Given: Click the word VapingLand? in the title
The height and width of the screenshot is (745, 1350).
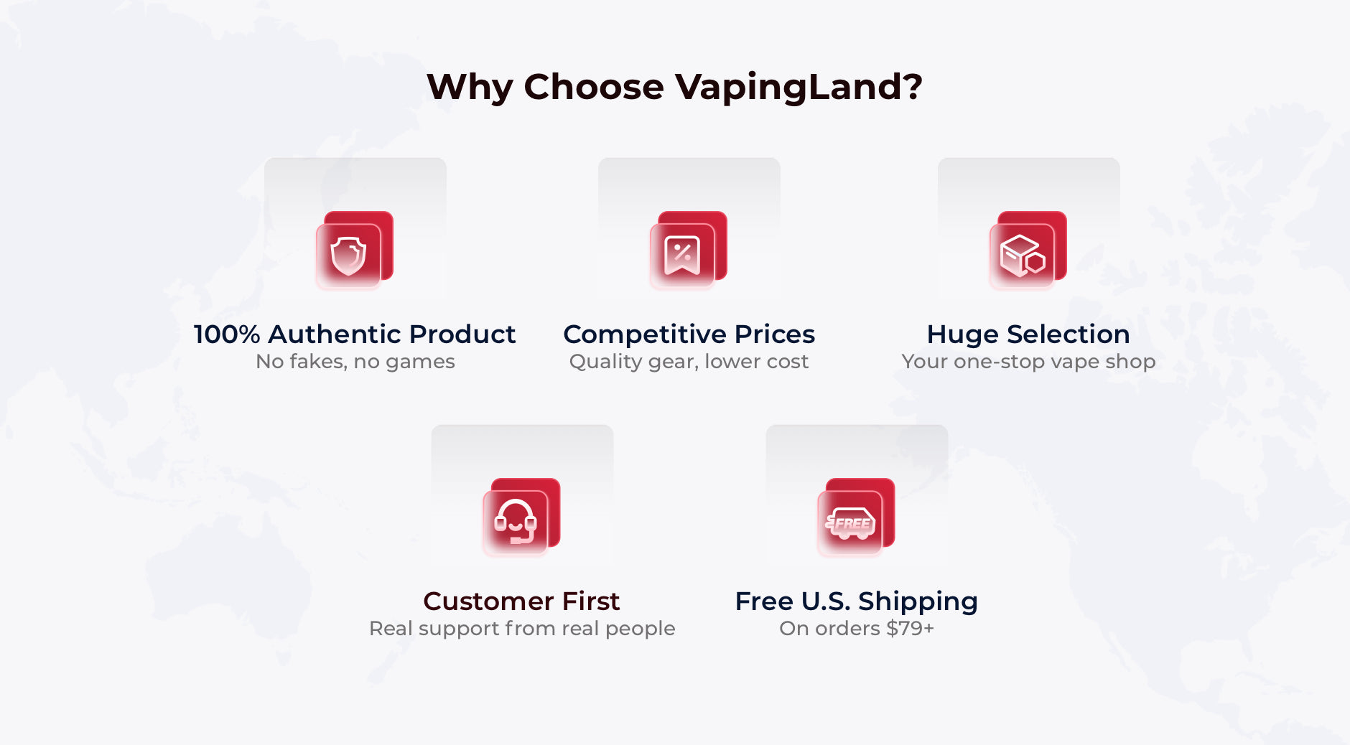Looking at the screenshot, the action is click(798, 88).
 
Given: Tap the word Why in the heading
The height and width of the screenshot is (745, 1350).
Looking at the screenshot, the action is click(470, 87).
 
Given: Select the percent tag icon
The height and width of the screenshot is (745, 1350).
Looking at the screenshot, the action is click(682, 256).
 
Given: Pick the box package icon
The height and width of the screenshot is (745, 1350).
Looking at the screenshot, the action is click(1023, 256).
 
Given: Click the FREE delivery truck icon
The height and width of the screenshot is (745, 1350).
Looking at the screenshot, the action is click(850, 523).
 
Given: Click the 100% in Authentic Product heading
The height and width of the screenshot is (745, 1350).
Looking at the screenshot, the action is click(227, 334).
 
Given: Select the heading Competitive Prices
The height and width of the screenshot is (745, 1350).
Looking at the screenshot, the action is click(689, 334).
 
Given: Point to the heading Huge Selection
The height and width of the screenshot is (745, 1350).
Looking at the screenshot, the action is click(1028, 334).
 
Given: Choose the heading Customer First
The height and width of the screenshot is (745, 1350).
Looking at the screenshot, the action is click(521, 601).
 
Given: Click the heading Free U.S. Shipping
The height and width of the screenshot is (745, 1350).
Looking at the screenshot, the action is click(856, 601).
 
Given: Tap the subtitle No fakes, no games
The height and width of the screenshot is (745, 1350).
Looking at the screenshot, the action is click(355, 362).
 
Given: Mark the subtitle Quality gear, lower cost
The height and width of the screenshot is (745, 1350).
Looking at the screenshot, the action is click(689, 362).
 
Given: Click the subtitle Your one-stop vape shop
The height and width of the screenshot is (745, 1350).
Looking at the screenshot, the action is click(1028, 362).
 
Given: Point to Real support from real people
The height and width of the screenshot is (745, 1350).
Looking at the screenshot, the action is click(522, 629).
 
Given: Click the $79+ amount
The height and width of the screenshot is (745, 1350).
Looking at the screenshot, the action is click(910, 629).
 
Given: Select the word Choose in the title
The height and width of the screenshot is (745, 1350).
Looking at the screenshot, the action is click(594, 87).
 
